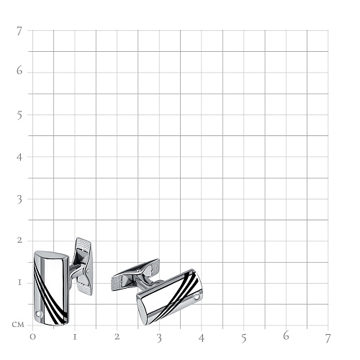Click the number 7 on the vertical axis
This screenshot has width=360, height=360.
(19, 32)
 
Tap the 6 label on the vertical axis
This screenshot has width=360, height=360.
(19, 71)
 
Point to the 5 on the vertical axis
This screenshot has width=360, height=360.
(19, 115)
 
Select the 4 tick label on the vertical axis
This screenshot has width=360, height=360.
(19, 157)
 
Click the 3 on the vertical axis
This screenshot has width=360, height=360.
(19, 199)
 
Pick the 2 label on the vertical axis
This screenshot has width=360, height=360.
(19, 240)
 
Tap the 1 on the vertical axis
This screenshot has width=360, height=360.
(19, 282)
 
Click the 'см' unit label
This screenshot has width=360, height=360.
(18, 325)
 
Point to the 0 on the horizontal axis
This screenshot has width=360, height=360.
(32, 337)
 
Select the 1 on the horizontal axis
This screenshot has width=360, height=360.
(75, 337)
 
